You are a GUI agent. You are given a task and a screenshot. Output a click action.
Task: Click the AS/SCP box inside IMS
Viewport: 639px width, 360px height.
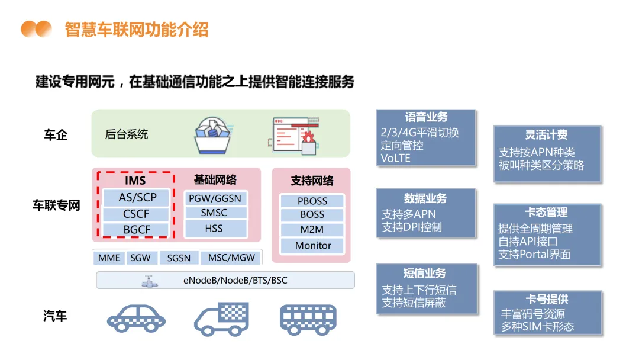[x=137, y=198]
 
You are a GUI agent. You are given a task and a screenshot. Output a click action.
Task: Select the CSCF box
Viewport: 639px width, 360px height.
[x=137, y=214]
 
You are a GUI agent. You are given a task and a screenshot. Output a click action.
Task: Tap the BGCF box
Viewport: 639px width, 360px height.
[x=137, y=230]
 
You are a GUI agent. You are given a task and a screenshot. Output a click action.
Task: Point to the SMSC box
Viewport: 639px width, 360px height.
[x=214, y=213]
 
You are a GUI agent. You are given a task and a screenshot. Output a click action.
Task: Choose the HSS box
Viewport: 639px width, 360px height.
[x=214, y=228]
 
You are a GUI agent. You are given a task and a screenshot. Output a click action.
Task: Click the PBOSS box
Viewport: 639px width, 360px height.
[x=312, y=201]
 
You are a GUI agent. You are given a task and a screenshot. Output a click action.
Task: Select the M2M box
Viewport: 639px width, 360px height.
[x=312, y=230]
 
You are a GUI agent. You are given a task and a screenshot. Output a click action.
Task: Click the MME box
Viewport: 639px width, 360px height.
[x=109, y=258]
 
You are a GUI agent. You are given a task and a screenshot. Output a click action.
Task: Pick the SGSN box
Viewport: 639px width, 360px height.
[x=179, y=258]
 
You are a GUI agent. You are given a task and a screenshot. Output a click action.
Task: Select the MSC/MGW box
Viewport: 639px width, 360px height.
[x=228, y=258]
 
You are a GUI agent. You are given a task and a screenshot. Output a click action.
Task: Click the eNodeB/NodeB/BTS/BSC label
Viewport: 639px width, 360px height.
[x=235, y=280]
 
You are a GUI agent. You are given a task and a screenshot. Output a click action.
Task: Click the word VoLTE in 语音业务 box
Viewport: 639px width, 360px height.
[x=396, y=158]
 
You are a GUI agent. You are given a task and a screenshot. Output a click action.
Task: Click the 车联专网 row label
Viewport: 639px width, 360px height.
[x=56, y=205]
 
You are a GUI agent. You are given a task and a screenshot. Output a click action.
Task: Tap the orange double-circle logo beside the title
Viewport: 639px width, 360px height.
[x=37, y=29]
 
